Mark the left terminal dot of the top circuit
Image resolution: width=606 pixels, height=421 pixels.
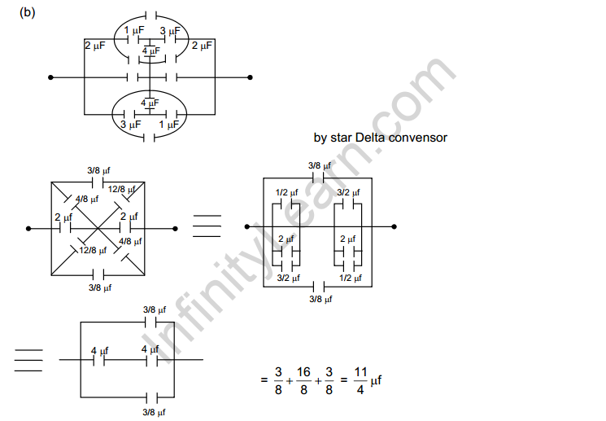(51, 77)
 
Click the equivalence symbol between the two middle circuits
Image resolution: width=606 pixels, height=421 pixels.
(207, 226)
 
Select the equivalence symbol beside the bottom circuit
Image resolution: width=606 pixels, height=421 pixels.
(28, 359)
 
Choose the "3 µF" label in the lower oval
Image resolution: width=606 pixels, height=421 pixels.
(130, 125)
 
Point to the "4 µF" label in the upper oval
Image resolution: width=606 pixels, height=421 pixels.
(150, 50)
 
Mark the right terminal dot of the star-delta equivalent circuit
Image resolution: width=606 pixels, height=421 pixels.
(395, 226)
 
